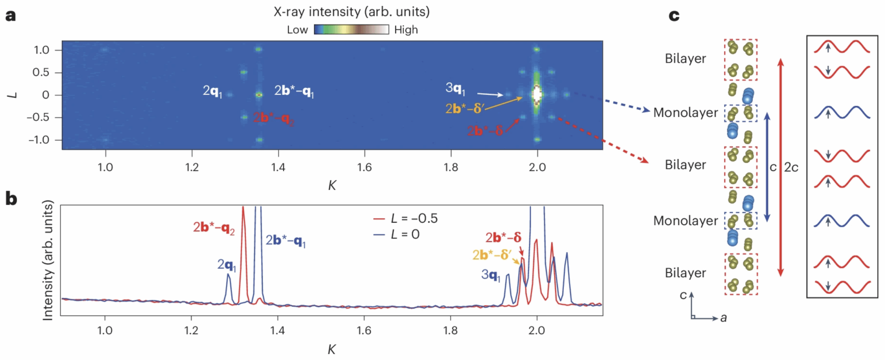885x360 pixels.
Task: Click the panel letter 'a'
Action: click(x=10, y=16)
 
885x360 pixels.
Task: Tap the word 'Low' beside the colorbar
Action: click(x=297, y=30)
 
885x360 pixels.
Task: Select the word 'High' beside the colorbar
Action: click(x=406, y=30)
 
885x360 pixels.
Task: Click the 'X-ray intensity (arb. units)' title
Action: click(x=351, y=12)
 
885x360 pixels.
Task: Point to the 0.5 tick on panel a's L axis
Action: click(x=41, y=72)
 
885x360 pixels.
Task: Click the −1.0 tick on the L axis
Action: click(x=39, y=140)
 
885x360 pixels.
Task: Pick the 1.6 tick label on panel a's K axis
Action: click(x=364, y=167)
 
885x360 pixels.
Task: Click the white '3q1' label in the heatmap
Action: click(x=455, y=89)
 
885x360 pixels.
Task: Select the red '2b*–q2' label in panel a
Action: click(x=274, y=118)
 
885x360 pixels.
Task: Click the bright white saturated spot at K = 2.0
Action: click(x=537, y=94)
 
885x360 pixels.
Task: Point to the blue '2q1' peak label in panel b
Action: click(x=227, y=265)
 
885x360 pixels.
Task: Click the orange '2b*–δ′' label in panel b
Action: click(x=492, y=255)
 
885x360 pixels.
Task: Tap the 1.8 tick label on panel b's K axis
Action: click(x=450, y=331)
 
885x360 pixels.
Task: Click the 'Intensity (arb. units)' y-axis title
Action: click(x=48, y=260)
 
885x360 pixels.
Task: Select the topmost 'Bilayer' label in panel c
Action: click(x=685, y=58)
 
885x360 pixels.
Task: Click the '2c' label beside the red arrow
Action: click(x=791, y=167)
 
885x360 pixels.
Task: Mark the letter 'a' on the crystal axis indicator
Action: click(x=723, y=319)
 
